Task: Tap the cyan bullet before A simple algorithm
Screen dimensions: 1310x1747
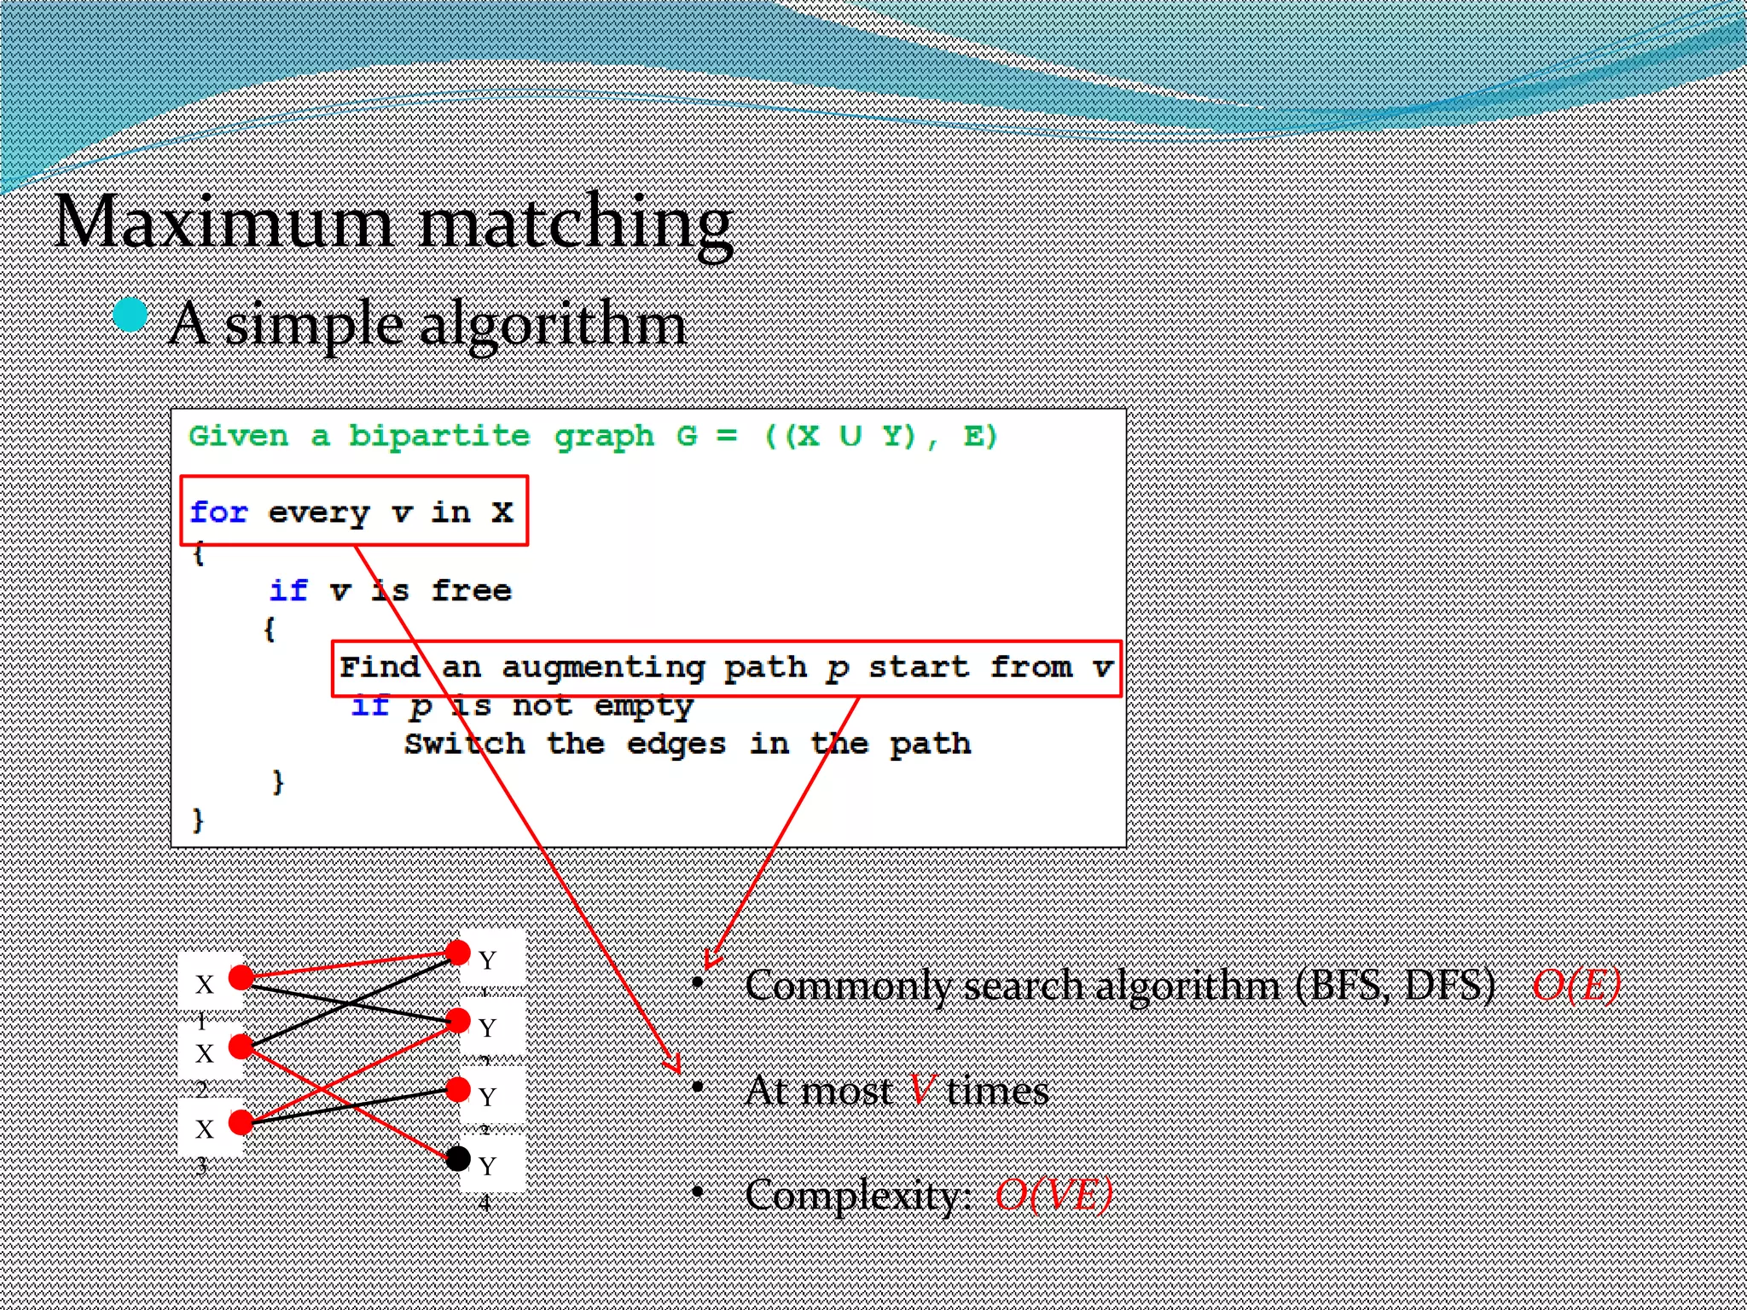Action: pyautogui.click(x=131, y=315)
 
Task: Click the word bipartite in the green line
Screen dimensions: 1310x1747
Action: pyautogui.click(x=438, y=436)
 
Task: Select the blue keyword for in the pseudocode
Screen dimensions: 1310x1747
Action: pyautogui.click(x=218, y=512)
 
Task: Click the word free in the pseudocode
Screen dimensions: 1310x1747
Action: pyautogui.click(x=471, y=590)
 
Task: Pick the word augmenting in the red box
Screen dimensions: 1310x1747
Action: pyautogui.click(x=603, y=668)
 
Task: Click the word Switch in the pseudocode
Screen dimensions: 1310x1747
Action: pyautogui.click(x=464, y=744)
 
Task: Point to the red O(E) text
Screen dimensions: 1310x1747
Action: pyautogui.click(x=1576, y=986)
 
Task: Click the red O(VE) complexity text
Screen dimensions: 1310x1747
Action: pyautogui.click(x=1053, y=1194)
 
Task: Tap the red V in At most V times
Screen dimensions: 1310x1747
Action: pyautogui.click(x=921, y=1090)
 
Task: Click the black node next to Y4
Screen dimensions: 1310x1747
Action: pyautogui.click(x=458, y=1158)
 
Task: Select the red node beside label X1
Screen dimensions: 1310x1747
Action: pyautogui.click(x=241, y=977)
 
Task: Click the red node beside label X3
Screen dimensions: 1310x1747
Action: pyautogui.click(x=241, y=1122)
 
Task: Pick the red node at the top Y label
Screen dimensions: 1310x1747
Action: pyautogui.click(x=458, y=952)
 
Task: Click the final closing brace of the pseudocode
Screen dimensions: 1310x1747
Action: pyautogui.click(x=198, y=820)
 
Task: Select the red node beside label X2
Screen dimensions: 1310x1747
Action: pyautogui.click(x=241, y=1046)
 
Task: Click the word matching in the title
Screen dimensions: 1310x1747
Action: pyautogui.click(x=577, y=223)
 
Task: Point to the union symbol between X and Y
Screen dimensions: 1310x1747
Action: pyautogui.click(x=850, y=436)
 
